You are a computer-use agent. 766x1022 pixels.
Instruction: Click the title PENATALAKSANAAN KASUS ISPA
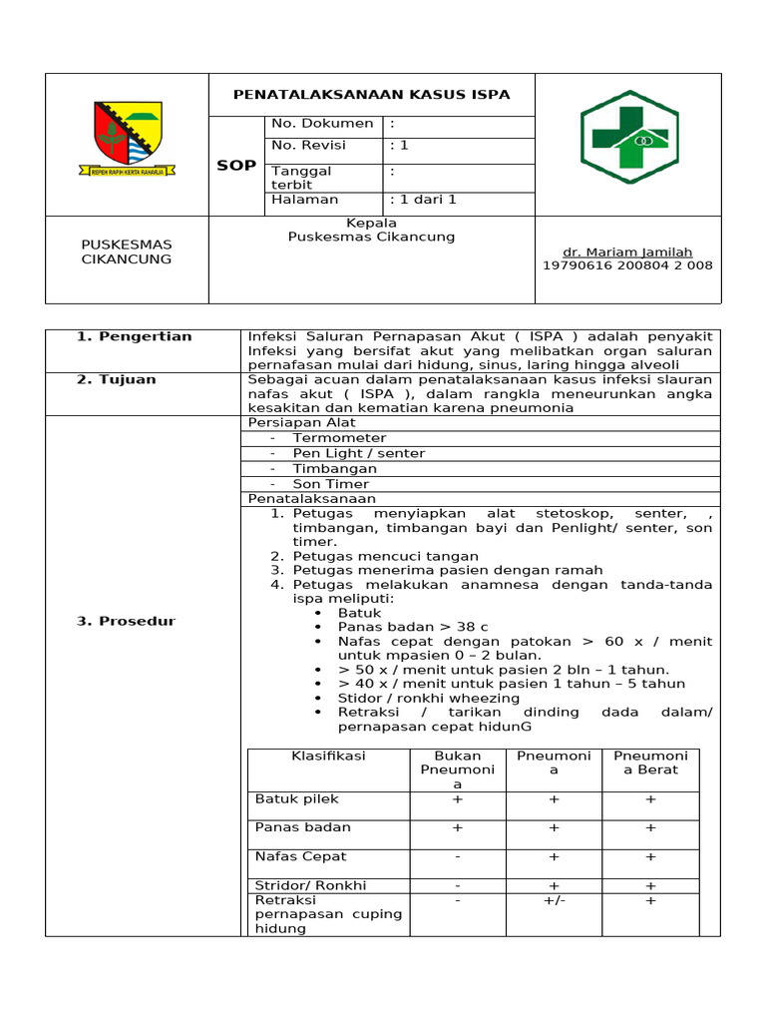(371, 95)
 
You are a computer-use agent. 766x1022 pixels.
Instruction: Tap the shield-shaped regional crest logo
(127, 138)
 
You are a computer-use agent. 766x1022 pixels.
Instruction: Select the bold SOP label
(236, 166)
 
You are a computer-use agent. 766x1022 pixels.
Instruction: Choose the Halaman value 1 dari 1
(423, 200)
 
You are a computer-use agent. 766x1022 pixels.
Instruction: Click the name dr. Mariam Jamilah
(628, 253)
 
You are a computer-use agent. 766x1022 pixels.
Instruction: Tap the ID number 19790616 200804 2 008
(628, 265)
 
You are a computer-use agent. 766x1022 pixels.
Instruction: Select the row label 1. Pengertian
(134, 336)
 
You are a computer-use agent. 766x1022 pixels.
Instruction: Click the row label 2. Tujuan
(117, 380)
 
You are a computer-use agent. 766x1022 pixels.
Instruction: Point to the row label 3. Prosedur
(126, 622)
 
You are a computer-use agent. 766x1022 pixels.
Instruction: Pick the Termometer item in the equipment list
(339, 438)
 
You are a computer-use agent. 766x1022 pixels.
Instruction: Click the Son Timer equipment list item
(331, 484)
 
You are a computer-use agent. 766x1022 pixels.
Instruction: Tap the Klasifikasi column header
(328, 757)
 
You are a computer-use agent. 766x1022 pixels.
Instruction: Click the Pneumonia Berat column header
(650, 763)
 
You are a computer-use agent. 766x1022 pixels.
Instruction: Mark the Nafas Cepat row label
(301, 856)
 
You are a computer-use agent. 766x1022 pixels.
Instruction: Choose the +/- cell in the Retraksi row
(554, 900)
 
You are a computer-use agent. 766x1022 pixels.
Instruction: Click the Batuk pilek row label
(297, 799)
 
